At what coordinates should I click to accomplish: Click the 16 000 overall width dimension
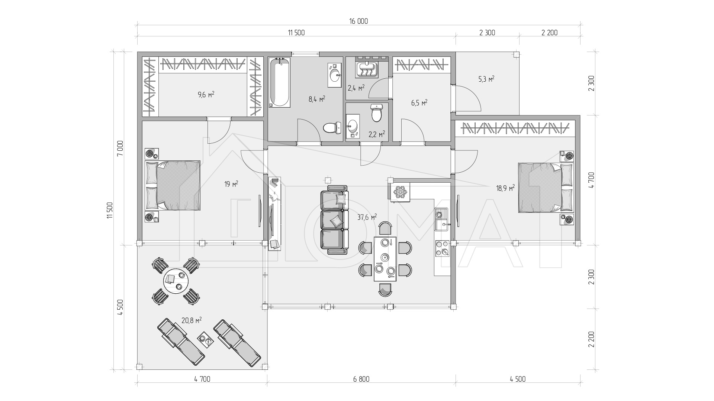(x=358, y=21)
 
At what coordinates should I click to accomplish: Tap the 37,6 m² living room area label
(x=367, y=217)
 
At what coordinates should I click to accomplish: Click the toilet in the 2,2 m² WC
(x=377, y=113)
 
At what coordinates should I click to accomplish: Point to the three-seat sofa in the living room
(x=335, y=220)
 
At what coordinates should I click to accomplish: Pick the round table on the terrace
(x=176, y=281)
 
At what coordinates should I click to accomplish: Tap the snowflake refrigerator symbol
(x=401, y=192)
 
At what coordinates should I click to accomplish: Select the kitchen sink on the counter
(x=442, y=219)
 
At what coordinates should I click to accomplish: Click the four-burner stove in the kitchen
(x=442, y=248)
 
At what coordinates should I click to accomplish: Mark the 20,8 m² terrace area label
(x=192, y=320)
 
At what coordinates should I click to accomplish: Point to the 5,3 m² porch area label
(x=486, y=79)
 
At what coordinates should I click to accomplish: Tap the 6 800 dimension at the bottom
(x=361, y=379)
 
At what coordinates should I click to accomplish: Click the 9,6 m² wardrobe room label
(x=206, y=94)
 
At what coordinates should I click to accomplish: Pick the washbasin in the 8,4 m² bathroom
(x=335, y=75)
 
